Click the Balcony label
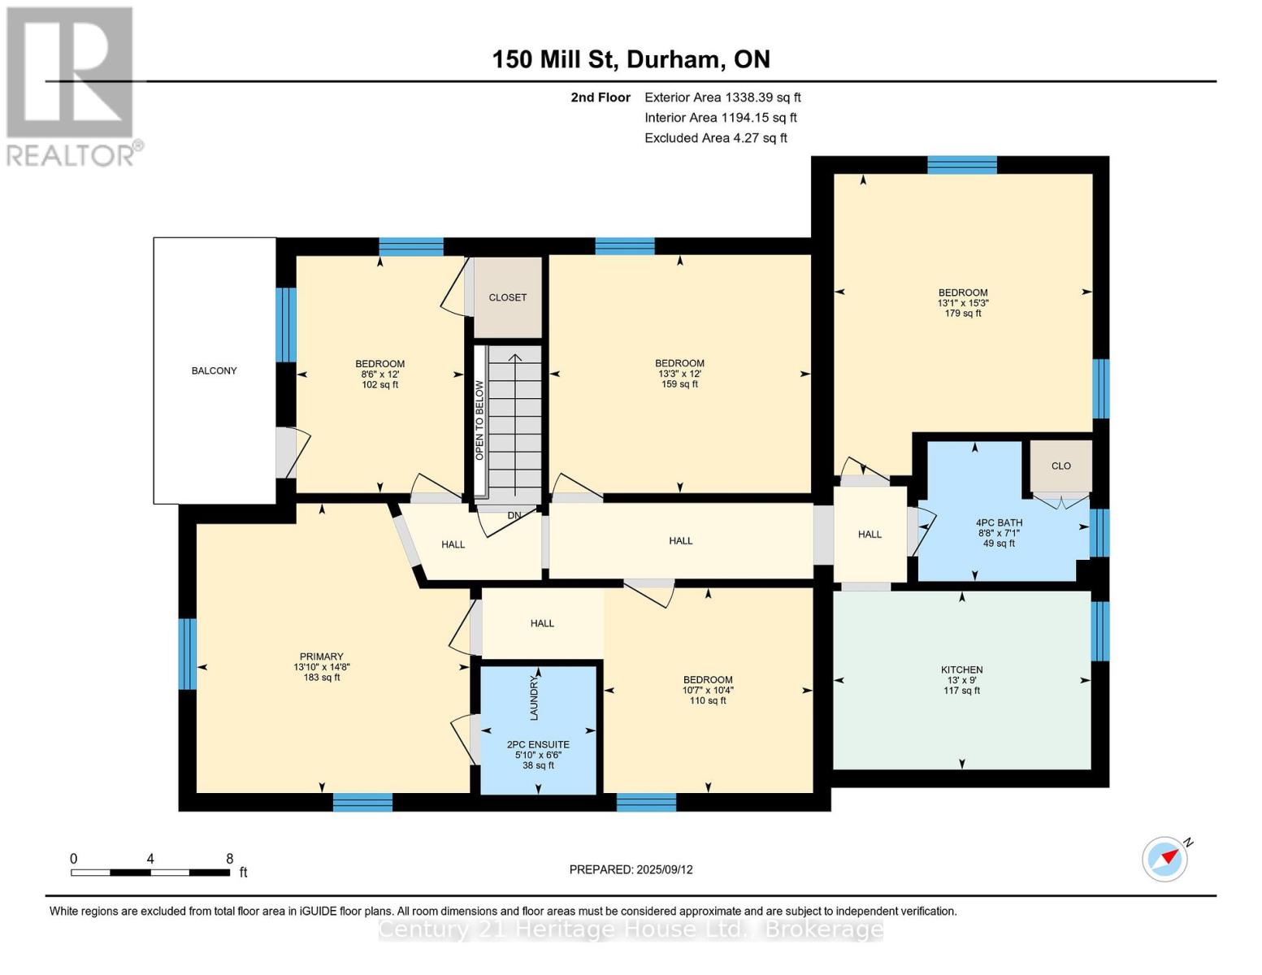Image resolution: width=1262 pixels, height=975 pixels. pos(214,370)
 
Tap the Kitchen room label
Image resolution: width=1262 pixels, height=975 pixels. pos(961,670)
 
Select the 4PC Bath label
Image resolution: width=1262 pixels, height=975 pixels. pos(999,523)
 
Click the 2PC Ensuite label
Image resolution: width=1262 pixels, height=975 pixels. pos(538,745)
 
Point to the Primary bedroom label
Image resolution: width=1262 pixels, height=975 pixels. pos(322,656)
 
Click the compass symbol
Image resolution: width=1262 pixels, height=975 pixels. pos(1165,859)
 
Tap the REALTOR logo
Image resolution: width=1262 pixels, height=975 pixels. pos(72,86)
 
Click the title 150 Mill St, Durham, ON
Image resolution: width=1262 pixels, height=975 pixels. pos(631,59)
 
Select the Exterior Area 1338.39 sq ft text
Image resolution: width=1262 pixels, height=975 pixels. pos(722,97)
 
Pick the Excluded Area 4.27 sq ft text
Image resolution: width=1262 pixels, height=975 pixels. pos(715,138)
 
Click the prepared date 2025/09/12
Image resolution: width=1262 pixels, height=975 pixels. pos(631,869)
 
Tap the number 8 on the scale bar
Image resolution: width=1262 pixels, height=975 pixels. pos(230,859)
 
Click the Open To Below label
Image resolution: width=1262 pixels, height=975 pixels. pos(479,420)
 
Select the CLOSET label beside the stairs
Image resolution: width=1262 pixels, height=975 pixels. pos(508,297)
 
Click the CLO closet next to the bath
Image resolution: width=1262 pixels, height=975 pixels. pos(1060,466)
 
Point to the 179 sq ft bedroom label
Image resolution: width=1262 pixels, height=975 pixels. pos(963,313)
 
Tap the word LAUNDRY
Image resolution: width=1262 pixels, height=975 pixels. pos(534,697)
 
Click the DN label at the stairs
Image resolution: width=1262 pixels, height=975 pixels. pos(514,515)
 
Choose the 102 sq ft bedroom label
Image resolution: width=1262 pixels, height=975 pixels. pos(379,384)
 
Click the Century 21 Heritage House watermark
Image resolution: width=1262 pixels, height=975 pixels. pos(631,929)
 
